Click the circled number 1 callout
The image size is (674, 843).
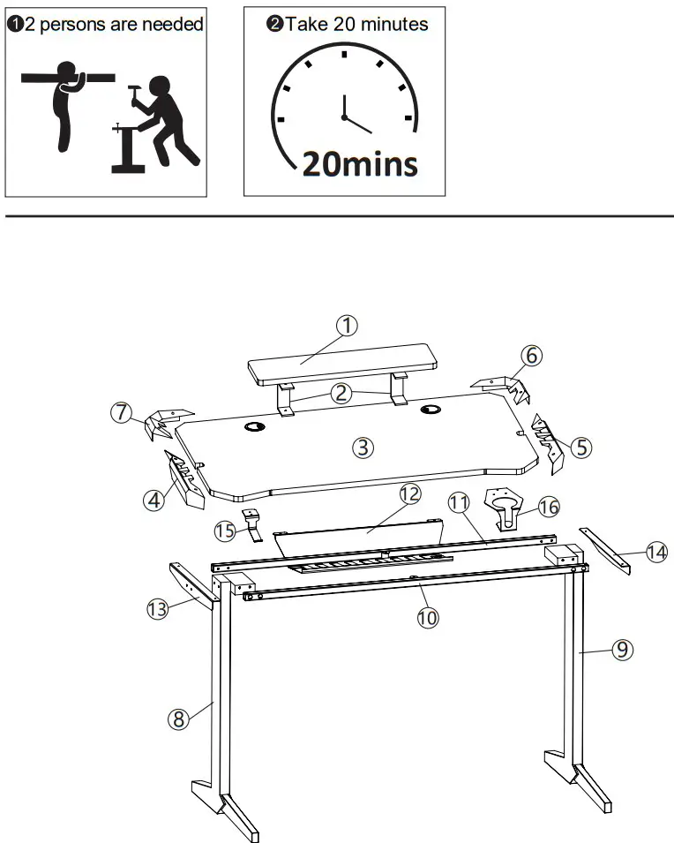(348, 326)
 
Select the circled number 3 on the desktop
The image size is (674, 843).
(362, 448)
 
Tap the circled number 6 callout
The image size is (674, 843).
(530, 356)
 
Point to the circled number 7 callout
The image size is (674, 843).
(123, 412)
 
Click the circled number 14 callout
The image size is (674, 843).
(655, 553)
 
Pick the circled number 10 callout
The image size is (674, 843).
(427, 618)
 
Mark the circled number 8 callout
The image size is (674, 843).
(178, 719)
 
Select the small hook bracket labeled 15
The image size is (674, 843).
(252, 526)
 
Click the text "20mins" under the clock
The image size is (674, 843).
(360, 163)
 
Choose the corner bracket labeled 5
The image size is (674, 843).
(548, 439)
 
